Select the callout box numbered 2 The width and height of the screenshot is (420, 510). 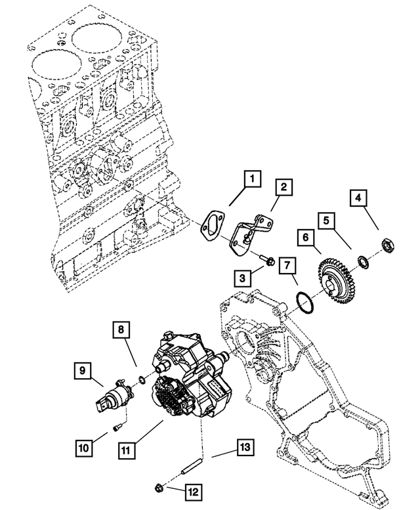tap(282, 188)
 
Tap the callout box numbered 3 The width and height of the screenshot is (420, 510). tap(242, 278)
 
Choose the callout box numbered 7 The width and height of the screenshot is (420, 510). tap(287, 266)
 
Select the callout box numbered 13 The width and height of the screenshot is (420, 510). tap(244, 448)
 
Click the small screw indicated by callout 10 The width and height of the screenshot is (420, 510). tap(117, 428)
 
